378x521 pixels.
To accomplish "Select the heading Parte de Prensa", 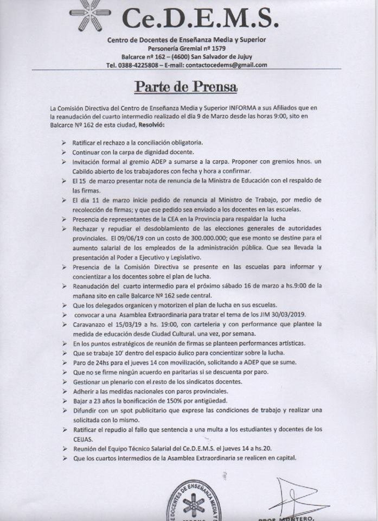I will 186,87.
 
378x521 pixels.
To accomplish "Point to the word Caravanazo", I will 92,324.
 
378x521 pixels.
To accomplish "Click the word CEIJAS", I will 84,439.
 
